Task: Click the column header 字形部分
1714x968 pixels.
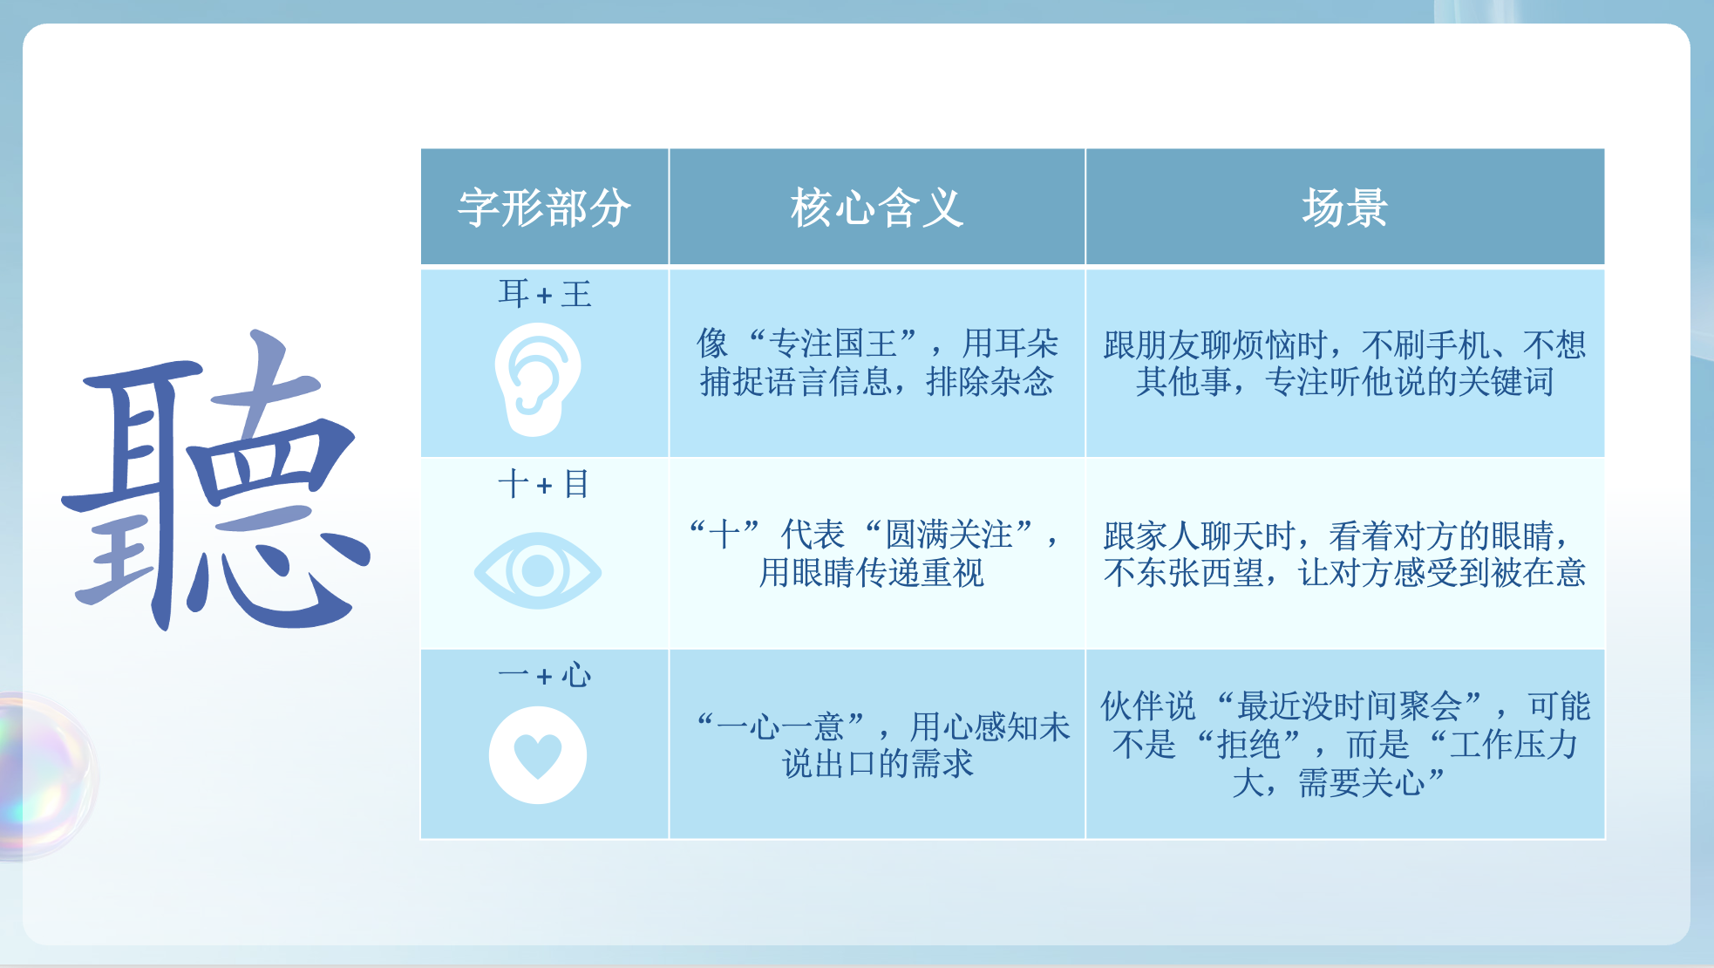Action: click(x=544, y=208)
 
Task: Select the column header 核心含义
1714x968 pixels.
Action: click(x=877, y=208)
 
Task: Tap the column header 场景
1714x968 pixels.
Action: click(x=1344, y=208)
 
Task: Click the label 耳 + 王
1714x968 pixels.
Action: click(x=544, y=294)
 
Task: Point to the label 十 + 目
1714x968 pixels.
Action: click(x=544, y=484)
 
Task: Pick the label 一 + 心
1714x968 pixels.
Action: click(x=544, y=675)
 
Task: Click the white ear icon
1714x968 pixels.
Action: click(x=538, y=379)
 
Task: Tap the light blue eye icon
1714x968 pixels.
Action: click(x=538, y=570)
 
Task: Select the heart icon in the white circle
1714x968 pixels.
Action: click(x=538, y=754)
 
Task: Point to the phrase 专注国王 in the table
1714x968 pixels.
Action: click(x=833, y=344)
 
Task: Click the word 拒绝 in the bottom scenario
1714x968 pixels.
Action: click(x=1248, y=744)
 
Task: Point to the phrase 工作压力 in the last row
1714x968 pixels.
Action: click(x=1514, y=744)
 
